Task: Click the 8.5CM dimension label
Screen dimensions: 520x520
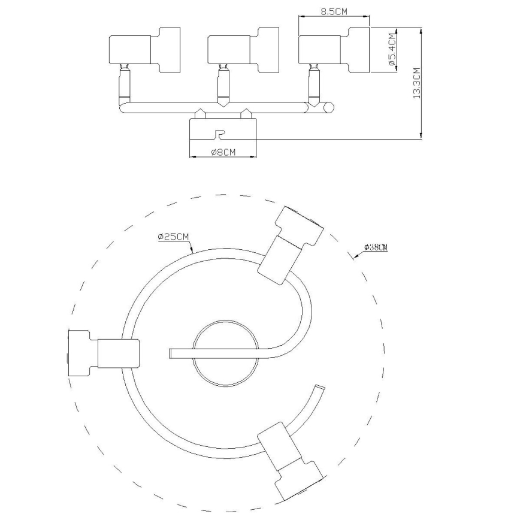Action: (334, 11)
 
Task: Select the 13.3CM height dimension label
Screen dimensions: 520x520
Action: (416, 83)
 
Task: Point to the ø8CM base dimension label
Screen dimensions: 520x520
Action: (223, 152)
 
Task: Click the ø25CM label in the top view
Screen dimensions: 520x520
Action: (174, 237)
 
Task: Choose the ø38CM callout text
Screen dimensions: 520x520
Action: (376, 247)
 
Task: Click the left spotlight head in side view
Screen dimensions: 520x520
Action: (144, 50)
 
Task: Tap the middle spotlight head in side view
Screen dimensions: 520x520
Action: (243, 50)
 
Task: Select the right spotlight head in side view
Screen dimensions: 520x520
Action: (334, 50)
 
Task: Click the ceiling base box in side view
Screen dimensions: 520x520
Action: (223, 129)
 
